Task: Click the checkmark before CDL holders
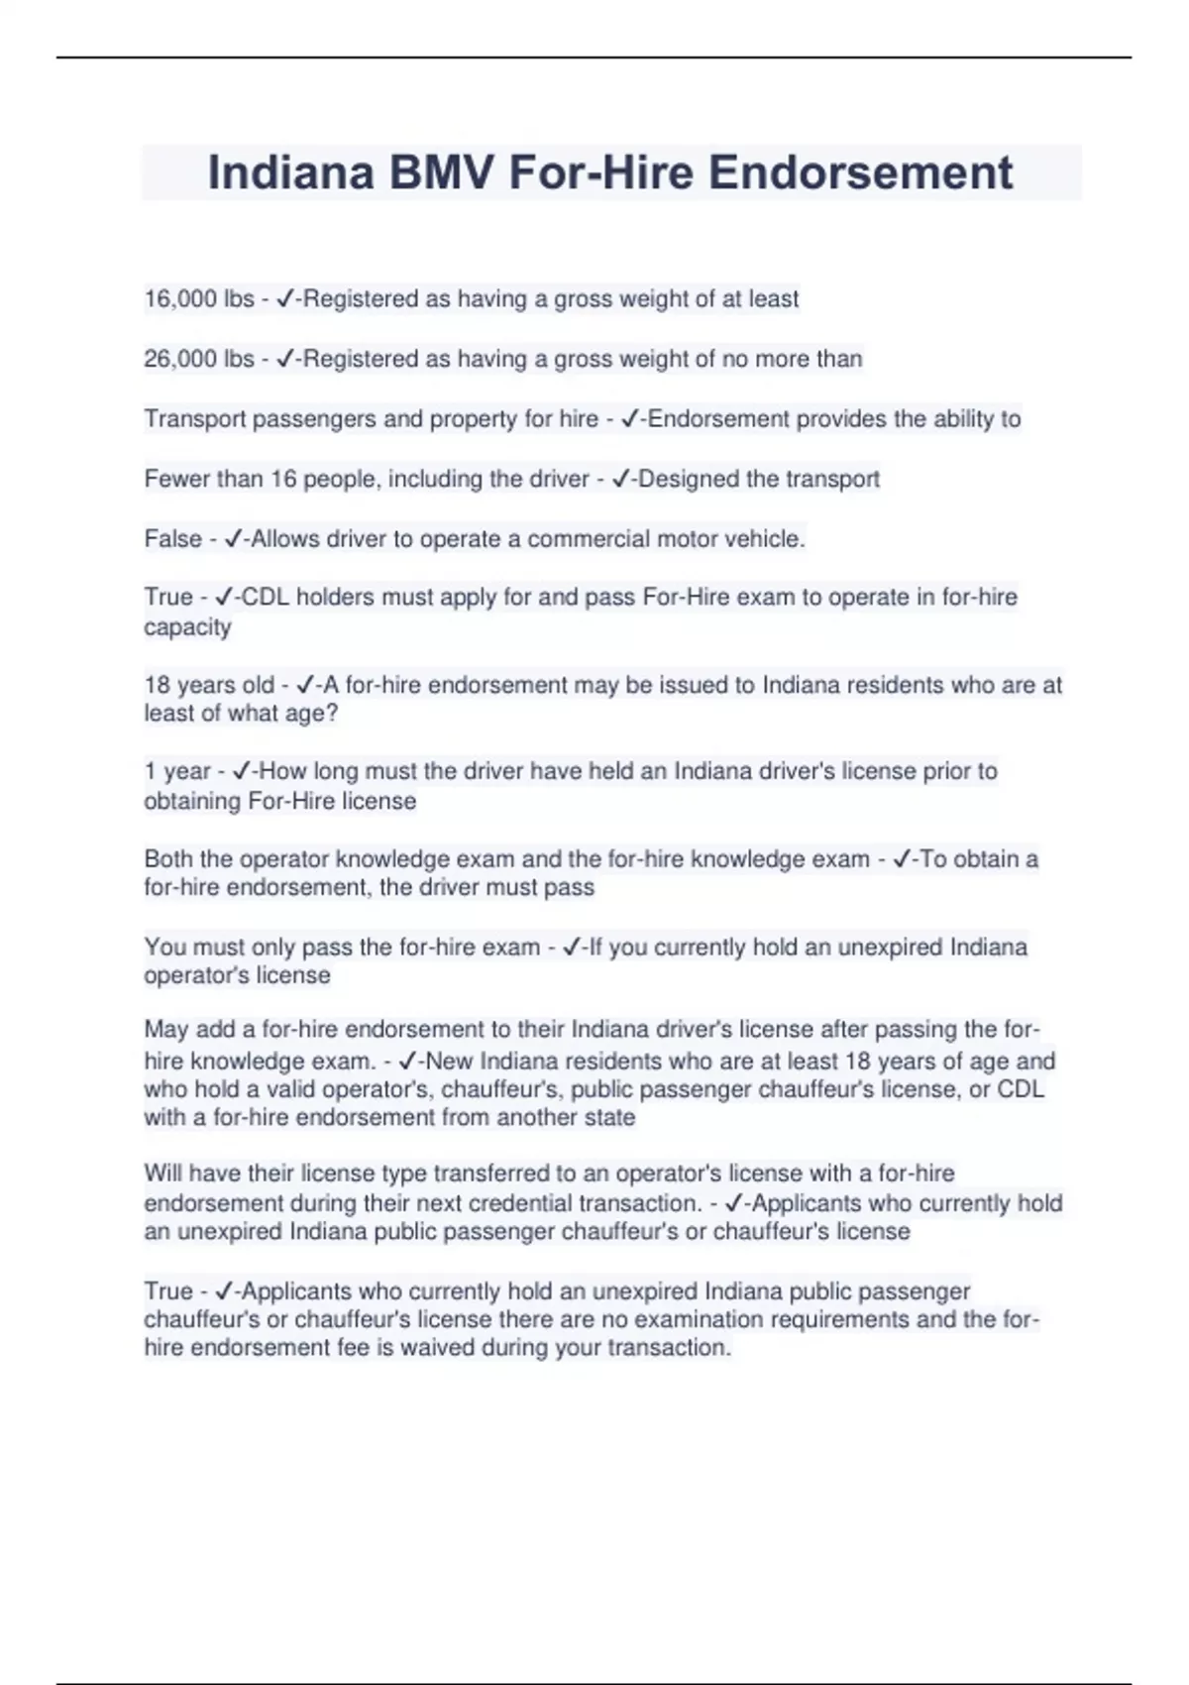[x=224, y=597]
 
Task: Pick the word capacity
[x=187, y=627]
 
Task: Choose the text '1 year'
[x=177, y=772]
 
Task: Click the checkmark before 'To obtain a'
[x=903, y=859]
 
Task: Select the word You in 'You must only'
[x=164, y=948]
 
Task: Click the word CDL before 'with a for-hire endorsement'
[x=1021, y=1089]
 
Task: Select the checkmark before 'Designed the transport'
[x=621, y=480]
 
